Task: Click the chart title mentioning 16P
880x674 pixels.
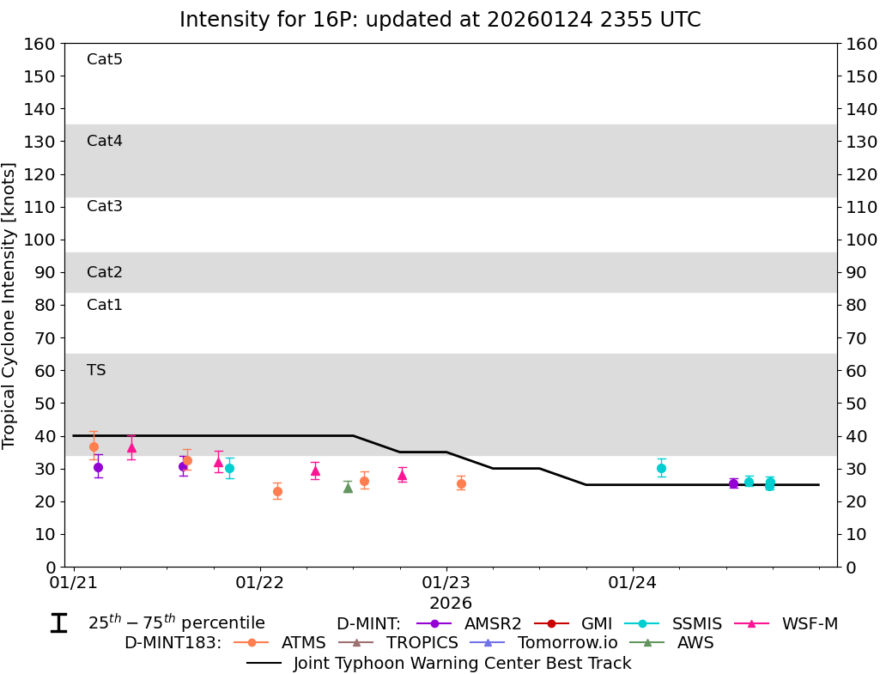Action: tap(440, 20)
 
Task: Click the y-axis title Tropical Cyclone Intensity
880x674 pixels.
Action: tap(9, 305)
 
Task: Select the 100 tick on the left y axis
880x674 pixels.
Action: tap(41, 240)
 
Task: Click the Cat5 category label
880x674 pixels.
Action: tap(105, 59)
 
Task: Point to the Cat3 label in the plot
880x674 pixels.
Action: tap(105, 206)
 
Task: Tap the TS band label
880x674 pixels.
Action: tap(96, 370)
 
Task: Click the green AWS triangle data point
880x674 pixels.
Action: tap(348, 488)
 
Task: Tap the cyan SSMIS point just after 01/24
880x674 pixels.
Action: tap(661, 468)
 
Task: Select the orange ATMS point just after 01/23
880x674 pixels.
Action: tap(461, 483)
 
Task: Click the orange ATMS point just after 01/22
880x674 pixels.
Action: tap(277, 491)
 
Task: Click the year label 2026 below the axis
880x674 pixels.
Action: tap(451, 604)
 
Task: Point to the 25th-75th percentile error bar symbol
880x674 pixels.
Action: tap(58, 623)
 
